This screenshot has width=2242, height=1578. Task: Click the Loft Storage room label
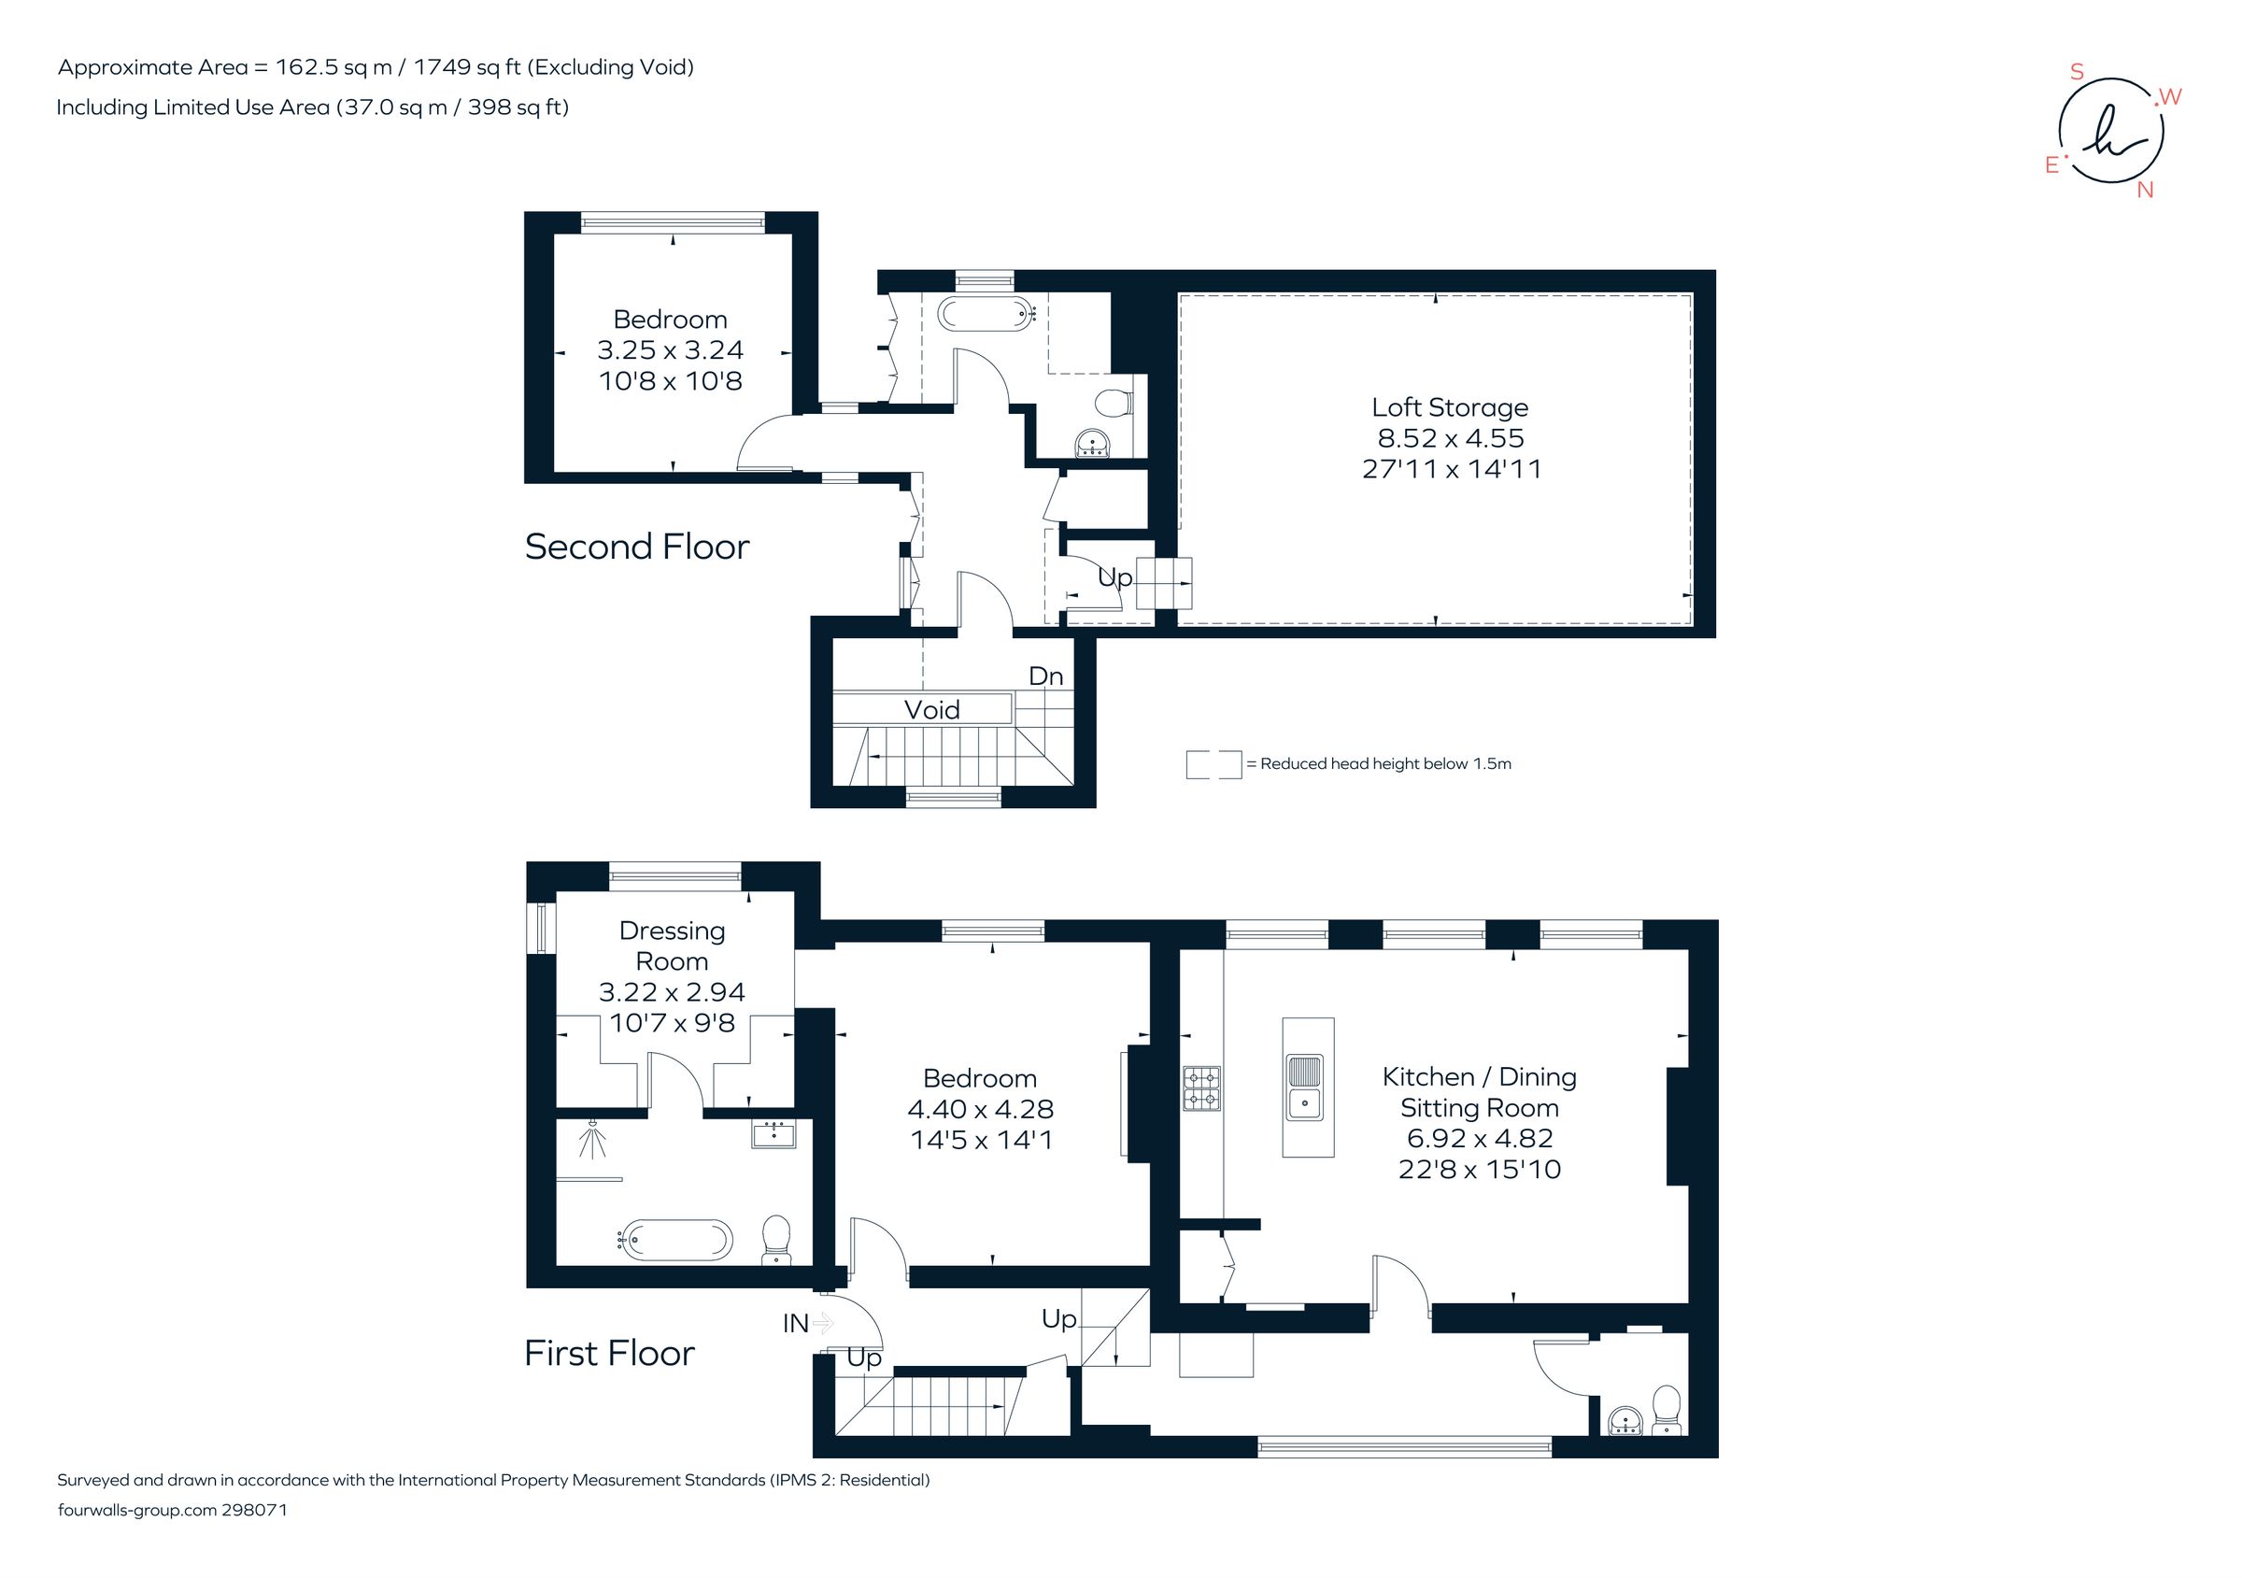click(x=1449, y=407)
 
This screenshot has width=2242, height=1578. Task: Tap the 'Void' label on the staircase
click(x=931, y=710)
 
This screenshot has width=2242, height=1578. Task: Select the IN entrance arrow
click(x=822, y=1323)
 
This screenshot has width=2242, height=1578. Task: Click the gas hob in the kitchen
click(x=1202, y=1088)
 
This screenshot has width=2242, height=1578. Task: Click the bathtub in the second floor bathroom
click(x=986, y=314)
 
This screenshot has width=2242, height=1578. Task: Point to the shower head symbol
click(x=592, y=1139)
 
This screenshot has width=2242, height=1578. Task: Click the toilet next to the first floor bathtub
click(x=776, y=1238)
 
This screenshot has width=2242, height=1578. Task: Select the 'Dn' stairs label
click(x=1046, y=675)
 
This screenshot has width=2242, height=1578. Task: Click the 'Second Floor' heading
click(x=637, y=547)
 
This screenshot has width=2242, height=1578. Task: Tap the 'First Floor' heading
click(x=609, y=1354)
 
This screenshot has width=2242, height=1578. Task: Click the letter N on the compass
click(x=2144, y=191)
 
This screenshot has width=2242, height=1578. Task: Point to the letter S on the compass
click(x=2077, y=72)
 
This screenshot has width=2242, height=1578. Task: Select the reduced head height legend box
click(x=1213, y=764)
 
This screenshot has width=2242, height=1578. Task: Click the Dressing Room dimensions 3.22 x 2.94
click(x=672, y=992)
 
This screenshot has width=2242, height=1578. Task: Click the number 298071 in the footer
click(x=254, y=1510)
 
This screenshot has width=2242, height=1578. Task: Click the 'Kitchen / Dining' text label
click(x=1479, y=1077)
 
